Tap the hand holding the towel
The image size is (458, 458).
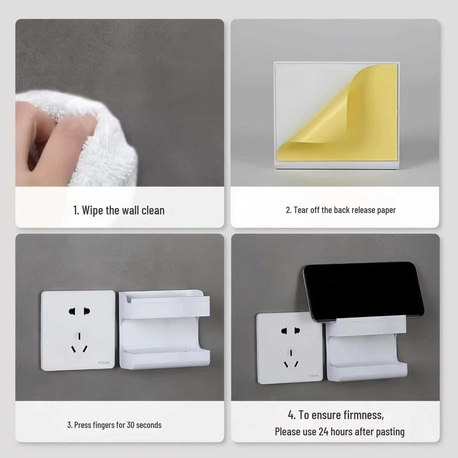(x=49, y=139)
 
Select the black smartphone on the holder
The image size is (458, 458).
(x=363, y=291)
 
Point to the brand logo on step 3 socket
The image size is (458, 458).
(x=103, y=362)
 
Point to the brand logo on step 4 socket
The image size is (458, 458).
(x=313, y=376)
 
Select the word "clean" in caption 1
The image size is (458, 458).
(x=153, y=210)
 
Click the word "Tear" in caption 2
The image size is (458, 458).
(x=301, y=210)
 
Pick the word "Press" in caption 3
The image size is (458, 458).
(x=83, y=425)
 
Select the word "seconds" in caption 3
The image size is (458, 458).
(x=149, y=425)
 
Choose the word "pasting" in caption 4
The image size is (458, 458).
(x=389, y=432)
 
